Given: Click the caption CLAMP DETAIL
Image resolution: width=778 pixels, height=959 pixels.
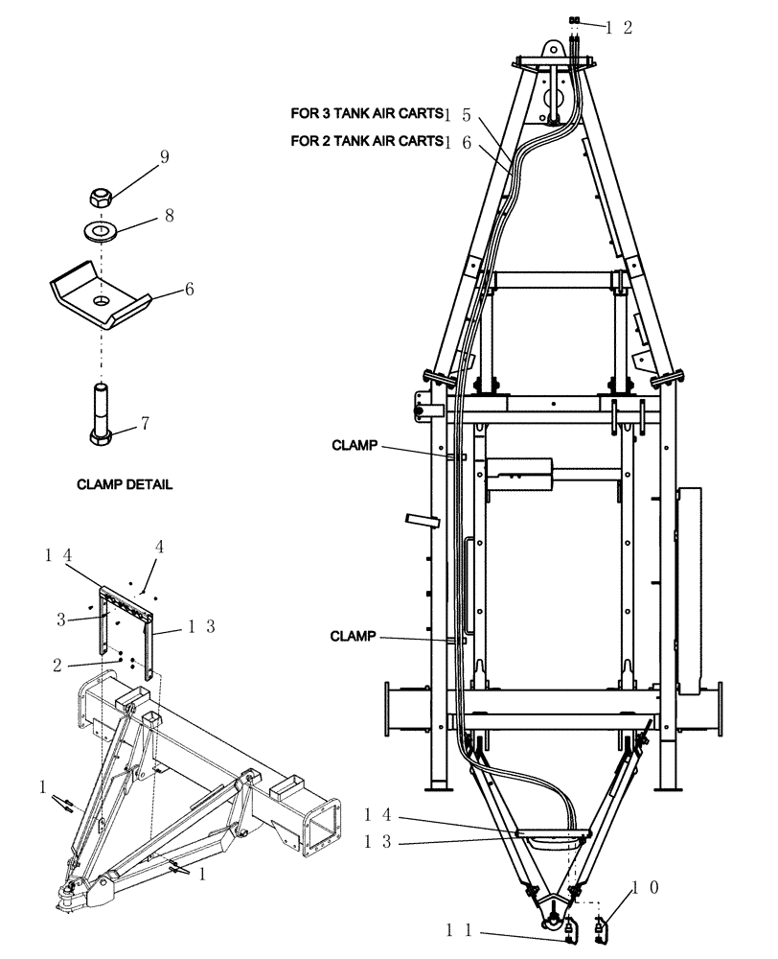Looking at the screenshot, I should pyautogui.click(x=125, y=485).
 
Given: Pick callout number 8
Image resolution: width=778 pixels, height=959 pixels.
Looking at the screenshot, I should pyautogui.click(x=169, y=217).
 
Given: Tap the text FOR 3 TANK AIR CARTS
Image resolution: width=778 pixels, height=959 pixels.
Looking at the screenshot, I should pyautogui.click(x=366, y=113).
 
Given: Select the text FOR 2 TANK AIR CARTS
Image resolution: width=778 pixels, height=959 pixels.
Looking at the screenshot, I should pyautogui.click(x=366, y=141).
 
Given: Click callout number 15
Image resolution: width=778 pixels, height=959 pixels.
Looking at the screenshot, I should pyautogui.click(x=464, y=114).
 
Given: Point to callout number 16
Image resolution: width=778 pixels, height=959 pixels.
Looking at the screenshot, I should pyautogui.click(x=464, y=142).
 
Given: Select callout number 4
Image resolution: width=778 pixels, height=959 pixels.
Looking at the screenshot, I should pyautogui.click(x=161, y=548).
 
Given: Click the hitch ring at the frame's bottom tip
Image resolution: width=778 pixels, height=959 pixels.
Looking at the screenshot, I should pyautogui.click(x=555, y=923).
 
